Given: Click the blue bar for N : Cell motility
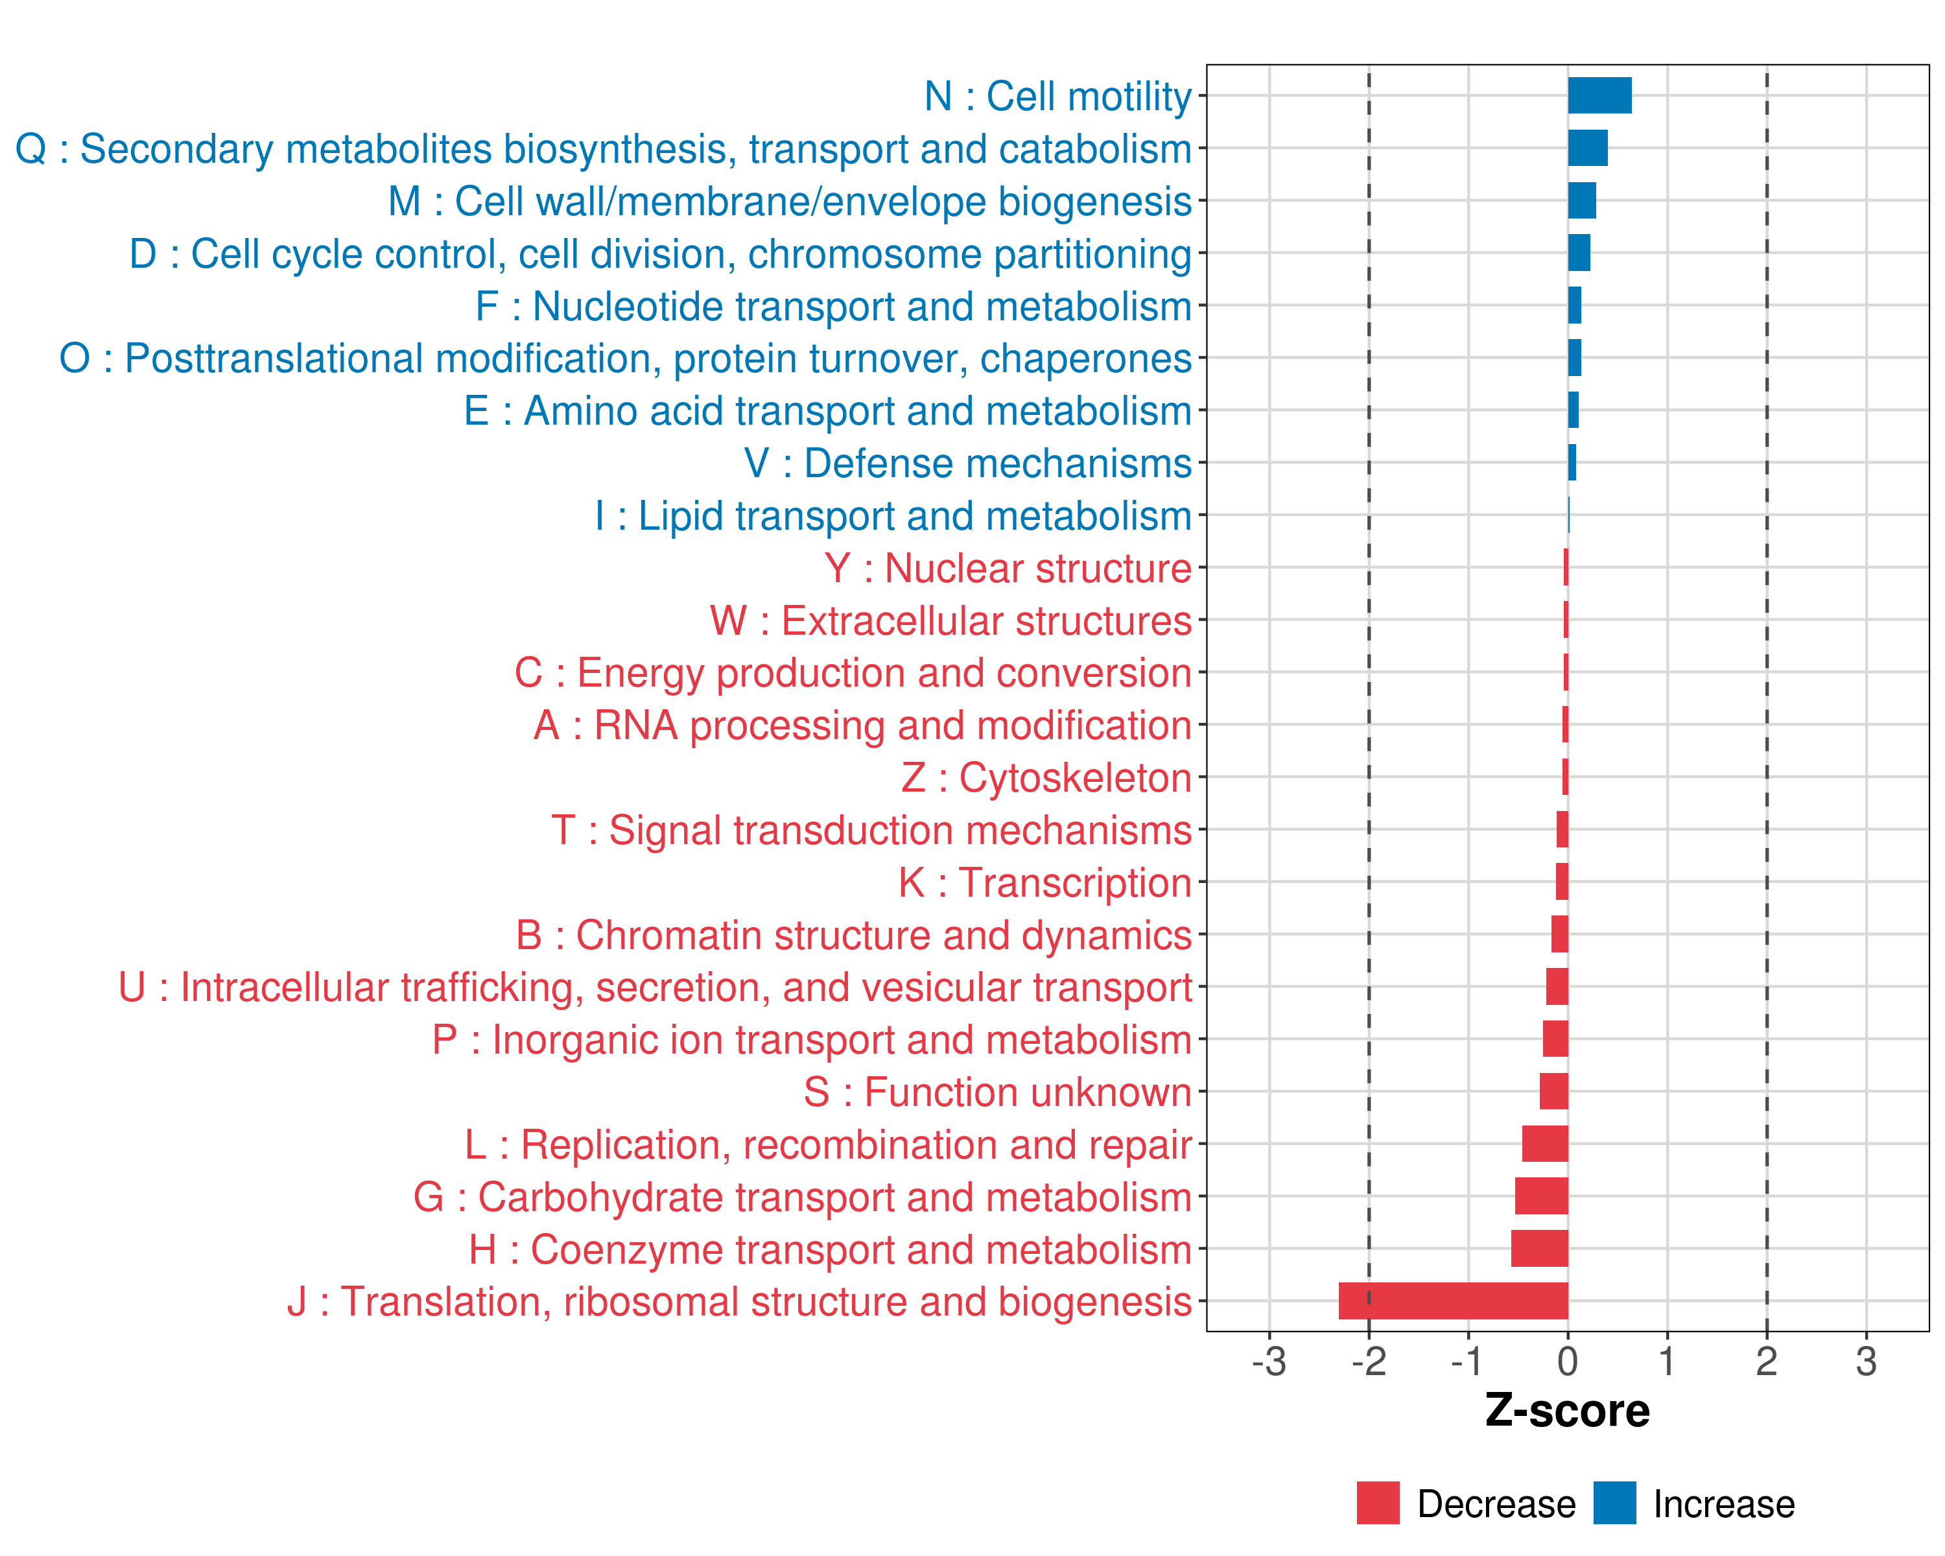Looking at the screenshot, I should pos(1599,95).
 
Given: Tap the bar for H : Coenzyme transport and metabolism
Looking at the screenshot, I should pos(1539,1249).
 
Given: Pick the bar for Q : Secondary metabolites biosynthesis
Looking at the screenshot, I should pos(1587,148).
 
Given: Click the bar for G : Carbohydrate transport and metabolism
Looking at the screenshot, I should pos(1541,1196).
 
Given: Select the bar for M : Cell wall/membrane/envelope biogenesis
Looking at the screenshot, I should pos(1581,200).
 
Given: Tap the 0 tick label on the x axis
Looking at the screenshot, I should pos(1568,1361).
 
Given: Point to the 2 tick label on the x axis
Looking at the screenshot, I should pos(1766,1361).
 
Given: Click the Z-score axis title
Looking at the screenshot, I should pos(1567,1411).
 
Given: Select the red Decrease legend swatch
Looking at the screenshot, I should pos(1378,1503).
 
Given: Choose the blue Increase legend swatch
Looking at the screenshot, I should pos(1614,1503).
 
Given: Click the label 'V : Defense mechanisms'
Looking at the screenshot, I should pos(967,464).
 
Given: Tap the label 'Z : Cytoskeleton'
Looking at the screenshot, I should pos(1046,777).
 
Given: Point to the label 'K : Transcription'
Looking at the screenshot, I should pos(1044,882).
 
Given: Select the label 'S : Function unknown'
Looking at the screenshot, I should pos(997,1092).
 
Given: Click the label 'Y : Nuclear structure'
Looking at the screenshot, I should pos(1008,569).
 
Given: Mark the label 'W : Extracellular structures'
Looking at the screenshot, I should pos(951,620).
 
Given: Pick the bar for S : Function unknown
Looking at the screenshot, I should pos(1553,1091).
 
